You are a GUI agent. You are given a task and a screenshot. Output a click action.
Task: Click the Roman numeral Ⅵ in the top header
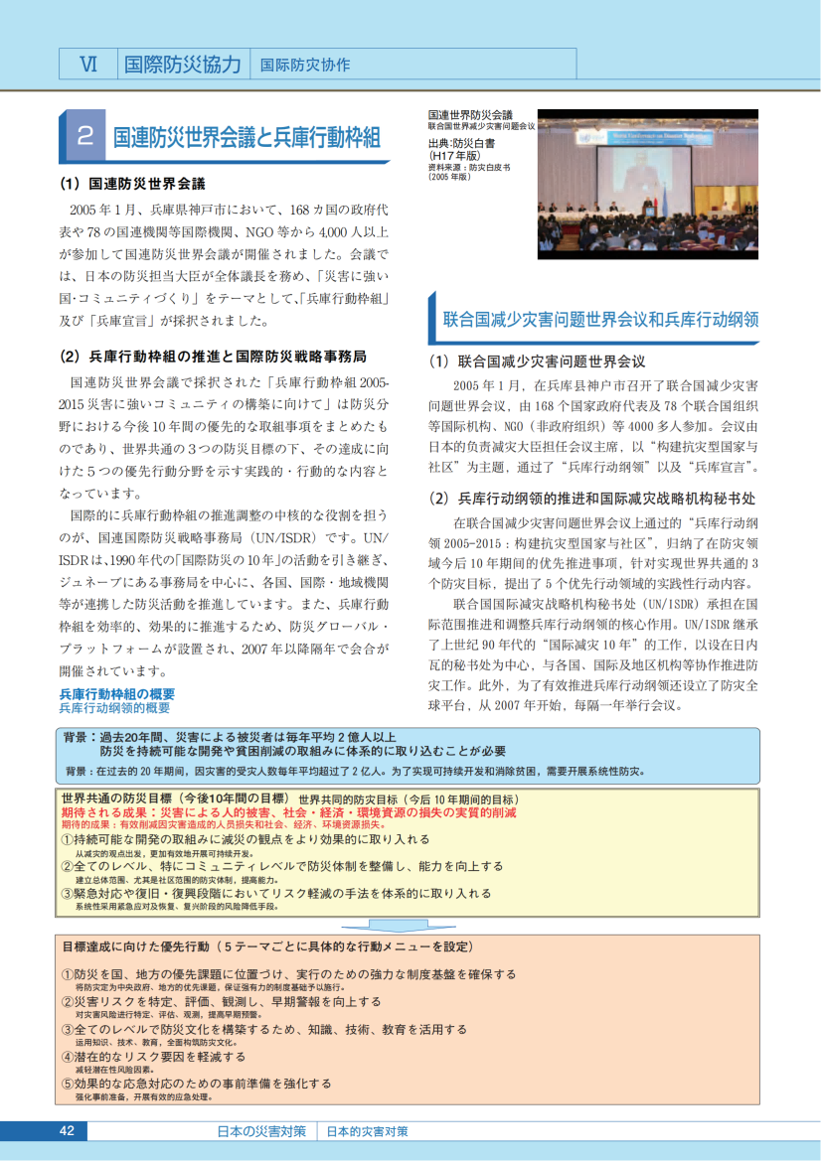(x=88, y=65)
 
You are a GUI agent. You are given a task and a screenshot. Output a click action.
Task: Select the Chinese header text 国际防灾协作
(x=305, y=66)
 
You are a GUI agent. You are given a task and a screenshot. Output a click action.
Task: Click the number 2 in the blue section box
(x=85, y=136)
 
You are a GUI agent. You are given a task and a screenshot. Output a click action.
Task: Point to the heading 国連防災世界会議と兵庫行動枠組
(x=246, y=137)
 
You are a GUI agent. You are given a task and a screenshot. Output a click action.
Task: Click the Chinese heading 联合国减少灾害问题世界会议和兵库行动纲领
(x=600, y=320)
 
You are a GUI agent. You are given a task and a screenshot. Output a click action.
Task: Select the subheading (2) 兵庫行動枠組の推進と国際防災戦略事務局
(x=213, y=356)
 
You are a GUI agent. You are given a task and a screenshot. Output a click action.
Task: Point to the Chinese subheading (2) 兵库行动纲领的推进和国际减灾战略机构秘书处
(x=592, y=498)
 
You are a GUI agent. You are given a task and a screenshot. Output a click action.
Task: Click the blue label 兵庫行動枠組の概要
(x=117, y=693)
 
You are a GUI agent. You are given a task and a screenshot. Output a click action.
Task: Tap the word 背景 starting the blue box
(x=75, y=737)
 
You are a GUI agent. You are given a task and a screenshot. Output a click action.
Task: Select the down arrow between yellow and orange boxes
(x=407, y=923)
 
